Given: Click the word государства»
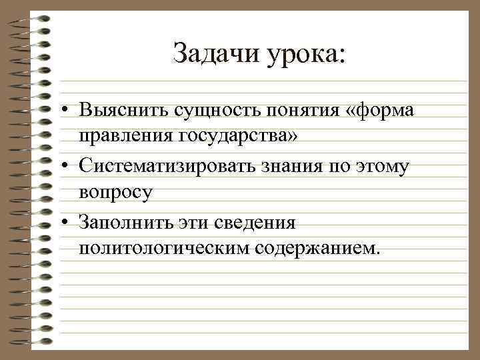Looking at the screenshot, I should point(241,137).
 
